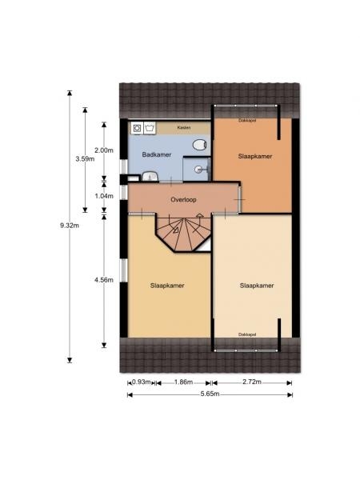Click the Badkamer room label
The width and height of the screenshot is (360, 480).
pyautogui.click(x=157, y=154)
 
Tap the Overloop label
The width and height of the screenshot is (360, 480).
pyautogui.click(x=183, y=199)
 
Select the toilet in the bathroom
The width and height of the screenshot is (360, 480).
pyautogui.click(x=198, y=144)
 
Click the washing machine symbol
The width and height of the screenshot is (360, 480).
pyautogui.click(x=137, y=128)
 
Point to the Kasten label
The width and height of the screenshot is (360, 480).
pyautogui.click(x=184, y=127)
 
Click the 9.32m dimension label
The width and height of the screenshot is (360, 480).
pyautogui.click(x=70, y=226)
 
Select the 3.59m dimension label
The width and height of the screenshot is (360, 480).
pyautogui.click(x=85, y=158)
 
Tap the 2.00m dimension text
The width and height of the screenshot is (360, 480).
pyautogui.click(x=104, y=150)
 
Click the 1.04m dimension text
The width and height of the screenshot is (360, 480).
pyautogui.click(x=104, y=196)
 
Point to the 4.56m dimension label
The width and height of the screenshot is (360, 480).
pyautogui.click(x=104, y=280)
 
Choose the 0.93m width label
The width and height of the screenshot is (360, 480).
pyautogui.click(x=142, y=382)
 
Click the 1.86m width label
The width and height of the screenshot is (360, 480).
pyautogui.click(x=183, y=382)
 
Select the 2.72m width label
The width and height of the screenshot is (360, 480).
pyautogui.click(x=252, y=382)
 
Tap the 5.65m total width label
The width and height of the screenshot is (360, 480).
pyautogui.click(x=210, y=394)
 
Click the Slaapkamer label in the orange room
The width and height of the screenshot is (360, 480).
pyautogui.click(x=255, y=157)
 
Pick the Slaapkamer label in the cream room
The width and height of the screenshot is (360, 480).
pyautogui.click(x=257, y=286)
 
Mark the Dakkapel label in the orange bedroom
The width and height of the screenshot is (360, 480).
pyautogui.click(x=247, y=120)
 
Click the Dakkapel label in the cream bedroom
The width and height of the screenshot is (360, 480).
pyautogui.click(x=247, y=334)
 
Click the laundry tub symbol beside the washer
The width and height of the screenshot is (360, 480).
pyautogui.click(x=150, y=128)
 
